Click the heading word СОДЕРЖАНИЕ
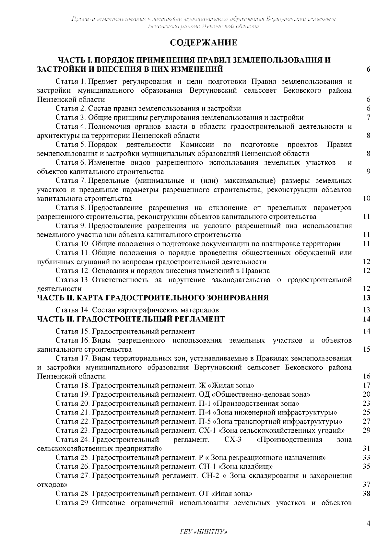pos(204,42)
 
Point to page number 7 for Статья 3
pos(368,117)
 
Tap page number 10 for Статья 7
pos(366,198)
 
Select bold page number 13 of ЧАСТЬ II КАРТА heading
pos(366,298)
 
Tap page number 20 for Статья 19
pos(366,394)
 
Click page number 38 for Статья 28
pos(366,494)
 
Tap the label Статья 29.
pos(72,503)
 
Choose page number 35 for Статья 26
pos(366,467)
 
